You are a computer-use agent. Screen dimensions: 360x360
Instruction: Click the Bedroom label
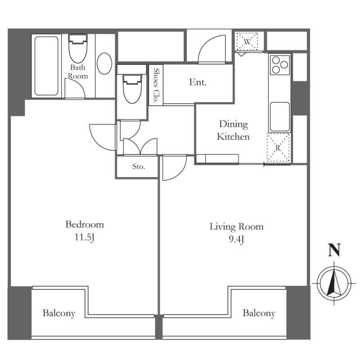click(x=85, y=225)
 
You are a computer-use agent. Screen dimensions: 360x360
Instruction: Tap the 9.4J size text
click(x=236, y=240)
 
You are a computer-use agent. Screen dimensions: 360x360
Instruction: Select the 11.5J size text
click(x=85, y=238)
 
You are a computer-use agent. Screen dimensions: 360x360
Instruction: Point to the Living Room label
click(x=237, y=227)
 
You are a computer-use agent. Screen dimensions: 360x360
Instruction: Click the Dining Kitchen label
click(x=233, y=130)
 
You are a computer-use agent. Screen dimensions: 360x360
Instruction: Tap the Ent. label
click(x=198, y=82)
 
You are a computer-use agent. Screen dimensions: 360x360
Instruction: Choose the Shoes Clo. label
click(x=156, y=85)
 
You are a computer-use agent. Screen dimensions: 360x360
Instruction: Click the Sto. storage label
click(x=139, y=166)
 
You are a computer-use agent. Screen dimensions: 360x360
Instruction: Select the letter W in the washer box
click(x=247, y=42)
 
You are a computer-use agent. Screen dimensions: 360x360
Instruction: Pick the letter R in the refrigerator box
click(x=278, y=148)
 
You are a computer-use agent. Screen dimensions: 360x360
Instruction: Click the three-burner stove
click(x=280, y=65)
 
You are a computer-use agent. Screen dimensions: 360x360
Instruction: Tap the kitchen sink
click(x=279, y=117)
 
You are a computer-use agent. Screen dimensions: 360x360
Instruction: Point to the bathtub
click(x=46, y=66)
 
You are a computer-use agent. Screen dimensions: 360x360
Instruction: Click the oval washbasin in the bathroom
click(x=104, y=63)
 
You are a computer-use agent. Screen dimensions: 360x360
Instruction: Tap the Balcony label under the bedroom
click(x=59, y=313)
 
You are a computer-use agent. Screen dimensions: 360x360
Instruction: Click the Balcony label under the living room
click(x=259, y=313)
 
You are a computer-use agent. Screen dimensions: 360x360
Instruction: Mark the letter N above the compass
click(x=334, y=250)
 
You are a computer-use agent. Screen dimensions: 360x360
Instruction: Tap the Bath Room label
click(x=78, y=72)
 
